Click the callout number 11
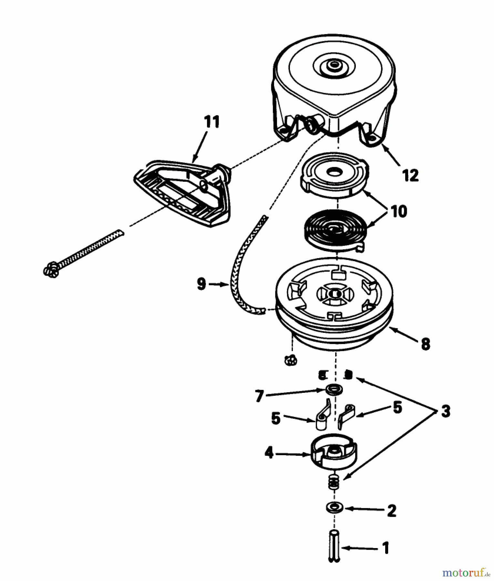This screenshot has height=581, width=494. click(211, 122)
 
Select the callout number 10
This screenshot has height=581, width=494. click(399, 211)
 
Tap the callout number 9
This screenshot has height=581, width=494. click(201, 284)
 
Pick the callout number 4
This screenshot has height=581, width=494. click(269, 453)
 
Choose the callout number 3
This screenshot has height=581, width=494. click(446, 412)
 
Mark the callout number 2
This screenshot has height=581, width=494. click(391, 511)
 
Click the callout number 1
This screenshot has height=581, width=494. click(386, 548)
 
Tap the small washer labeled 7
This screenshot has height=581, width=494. click(332, 389)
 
